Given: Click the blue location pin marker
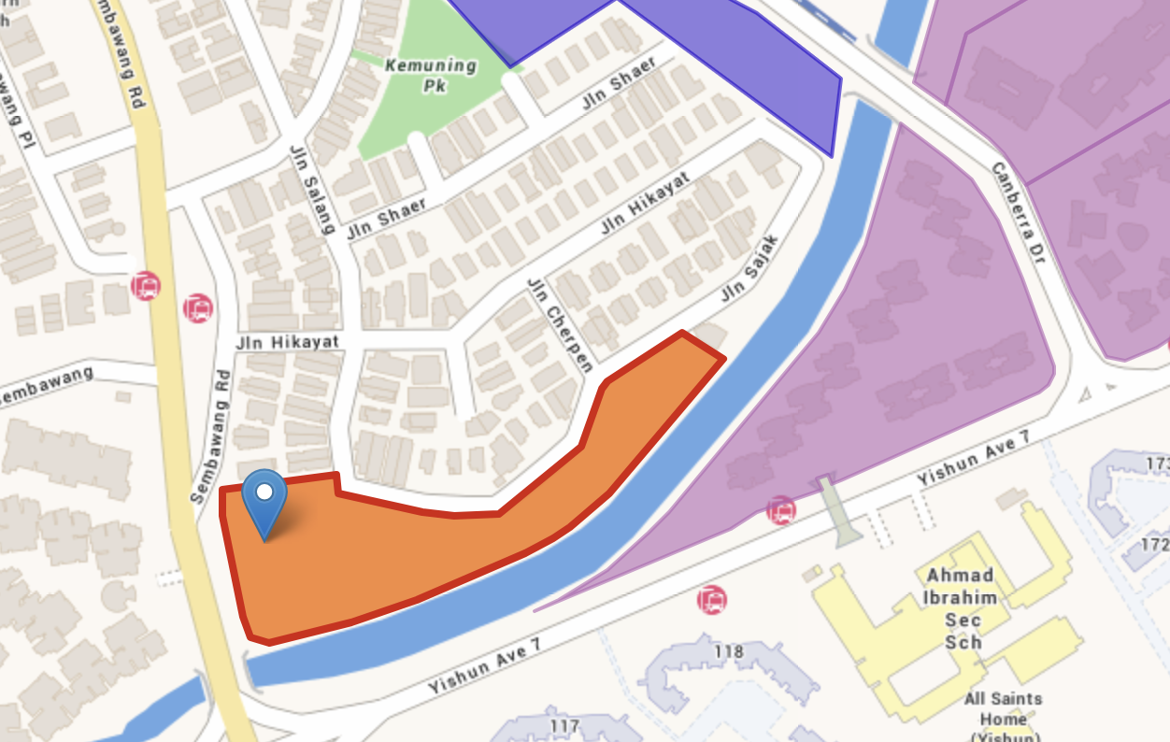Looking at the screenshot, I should click(x=264, y=495).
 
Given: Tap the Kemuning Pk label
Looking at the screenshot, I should click(x=431, y=75).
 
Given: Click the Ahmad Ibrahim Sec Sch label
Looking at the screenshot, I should click(x=961, y=608).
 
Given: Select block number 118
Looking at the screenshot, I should click(x=728, y=651).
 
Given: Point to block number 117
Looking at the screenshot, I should click(x=565, y=725).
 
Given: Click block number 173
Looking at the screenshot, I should click(x=1157, y=464).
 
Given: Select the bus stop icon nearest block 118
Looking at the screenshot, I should click(x=712, y=599).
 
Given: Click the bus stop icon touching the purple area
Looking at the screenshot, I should click(x=781, y=510).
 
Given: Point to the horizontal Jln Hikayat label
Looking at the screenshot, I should click(x=288, y=342).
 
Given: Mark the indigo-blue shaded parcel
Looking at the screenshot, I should click(x=729, y=56).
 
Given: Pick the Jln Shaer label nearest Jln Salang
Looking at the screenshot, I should click(x=387, y=219).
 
